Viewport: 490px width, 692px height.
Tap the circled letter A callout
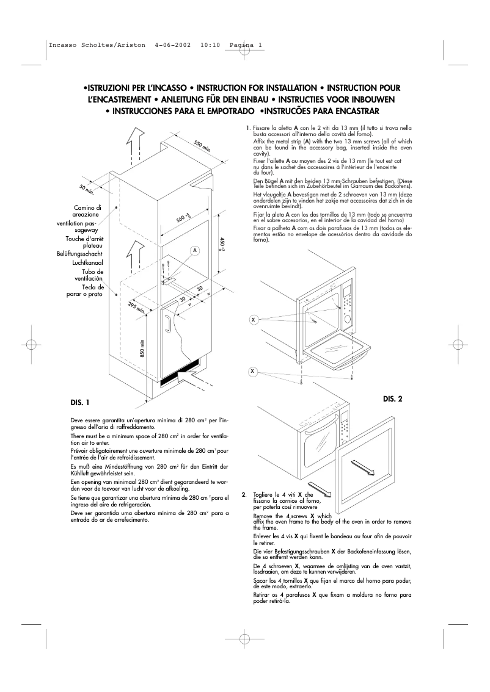point(194,251)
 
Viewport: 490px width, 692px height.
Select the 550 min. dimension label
point(202,146)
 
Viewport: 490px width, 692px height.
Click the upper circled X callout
point(252,319)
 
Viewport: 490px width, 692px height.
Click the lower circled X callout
point(252,371)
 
